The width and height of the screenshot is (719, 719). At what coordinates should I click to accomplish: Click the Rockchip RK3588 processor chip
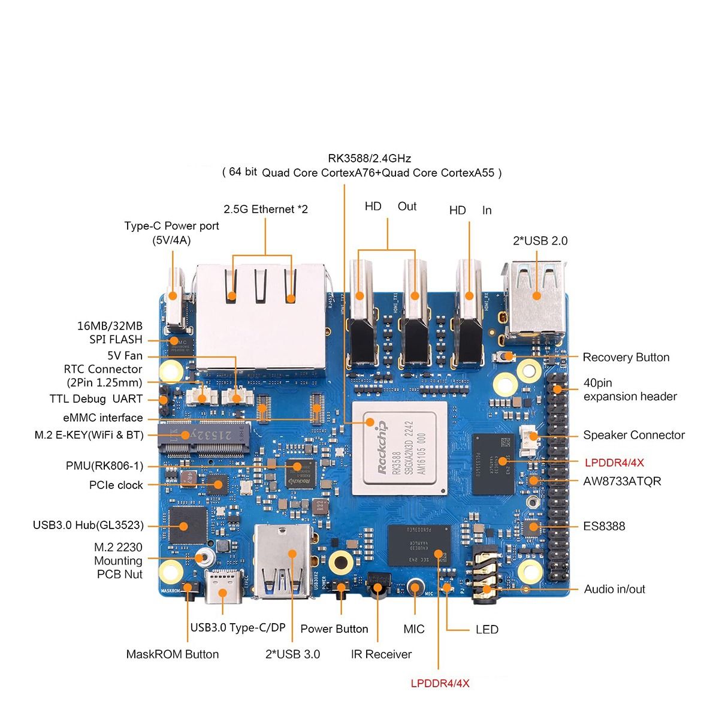[x=400, y=448]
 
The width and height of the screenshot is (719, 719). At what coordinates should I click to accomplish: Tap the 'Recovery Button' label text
[x=626, y=358]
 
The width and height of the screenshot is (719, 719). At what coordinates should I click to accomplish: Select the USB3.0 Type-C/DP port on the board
[x=223, y=588]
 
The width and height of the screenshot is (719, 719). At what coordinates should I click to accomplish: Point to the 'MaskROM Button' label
[x=172, y=654]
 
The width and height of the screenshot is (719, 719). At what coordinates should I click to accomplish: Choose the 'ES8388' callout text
[x=604, y=526]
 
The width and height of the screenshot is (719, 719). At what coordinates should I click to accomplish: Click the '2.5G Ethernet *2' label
[x=265, y=209]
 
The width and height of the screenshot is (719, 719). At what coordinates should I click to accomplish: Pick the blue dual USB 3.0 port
[x=283, y=560]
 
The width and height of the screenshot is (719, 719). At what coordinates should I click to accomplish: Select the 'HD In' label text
[x=470, y=210]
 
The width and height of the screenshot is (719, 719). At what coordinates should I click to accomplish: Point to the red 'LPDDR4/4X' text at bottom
[x=440, y=684]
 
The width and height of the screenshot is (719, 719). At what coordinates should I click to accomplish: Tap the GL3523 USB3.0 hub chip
[x=187, y=525]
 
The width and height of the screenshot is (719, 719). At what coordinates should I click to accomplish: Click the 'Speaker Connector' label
[x=634, y=435]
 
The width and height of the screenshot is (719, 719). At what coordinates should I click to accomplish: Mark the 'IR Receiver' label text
[x=381, y=654]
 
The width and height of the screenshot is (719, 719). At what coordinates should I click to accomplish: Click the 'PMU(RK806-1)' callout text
[x=105, y=466]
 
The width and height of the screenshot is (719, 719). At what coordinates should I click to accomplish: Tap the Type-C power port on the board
[x=174, y=303]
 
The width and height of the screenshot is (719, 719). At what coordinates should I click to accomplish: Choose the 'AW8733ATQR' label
[x=622, y=481]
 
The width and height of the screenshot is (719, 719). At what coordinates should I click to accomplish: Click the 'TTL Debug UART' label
[x=96, y=399]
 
